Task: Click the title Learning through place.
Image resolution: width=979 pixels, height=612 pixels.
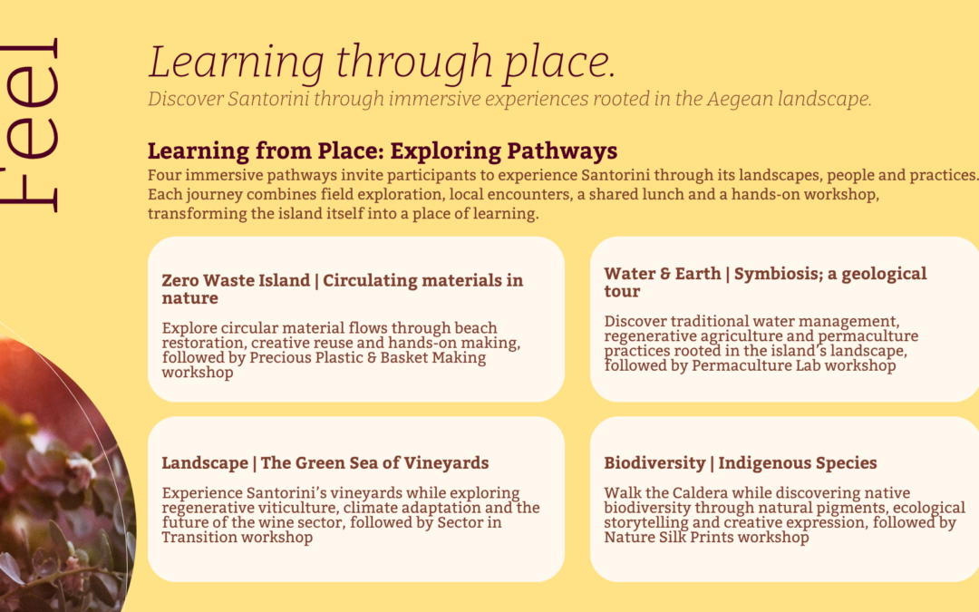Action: click(x=383, y=63)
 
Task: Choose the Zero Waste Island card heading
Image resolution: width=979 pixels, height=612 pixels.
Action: click(x=342, y=288)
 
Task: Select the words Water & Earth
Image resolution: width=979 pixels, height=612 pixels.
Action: click(x=663, y=274)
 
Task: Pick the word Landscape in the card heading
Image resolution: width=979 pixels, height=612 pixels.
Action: click(x=205, y=463)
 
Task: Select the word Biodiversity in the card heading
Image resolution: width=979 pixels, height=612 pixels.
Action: click(x=654, y=463)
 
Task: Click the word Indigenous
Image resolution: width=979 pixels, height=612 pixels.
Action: click(x=761, y=463)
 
